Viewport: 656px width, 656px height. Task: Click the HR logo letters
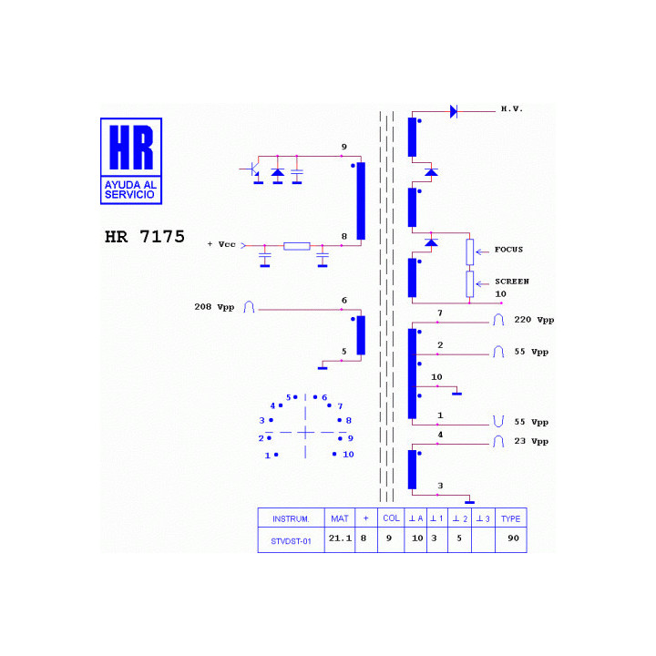(x=131, y=148)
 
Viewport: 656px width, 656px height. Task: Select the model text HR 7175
(x=144, y=237)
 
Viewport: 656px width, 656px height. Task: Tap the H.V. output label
(x=512, y=108)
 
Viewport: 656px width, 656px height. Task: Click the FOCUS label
(x=508, y=250)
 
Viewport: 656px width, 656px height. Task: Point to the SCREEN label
(x=512, y=282)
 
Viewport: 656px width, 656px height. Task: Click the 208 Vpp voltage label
(x=214, y=307)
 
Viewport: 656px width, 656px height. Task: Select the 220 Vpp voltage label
(x=534, y=320)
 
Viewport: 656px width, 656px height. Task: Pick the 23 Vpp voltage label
(x=531, y=441)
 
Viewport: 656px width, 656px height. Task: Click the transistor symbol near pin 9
(x=251, y=169)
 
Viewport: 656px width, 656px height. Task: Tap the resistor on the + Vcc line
(x=297, y=246)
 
